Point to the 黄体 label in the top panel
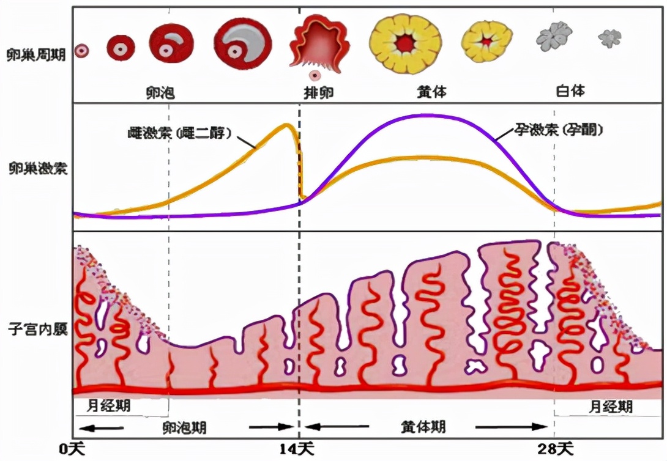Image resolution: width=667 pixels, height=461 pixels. click(431, 92)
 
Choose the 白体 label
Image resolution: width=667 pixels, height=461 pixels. click(570, 91)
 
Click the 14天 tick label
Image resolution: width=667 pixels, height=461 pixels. click(298, 448)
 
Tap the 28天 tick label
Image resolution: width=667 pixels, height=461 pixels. click(555, 448)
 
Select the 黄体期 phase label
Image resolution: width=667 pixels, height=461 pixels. click(423, 426)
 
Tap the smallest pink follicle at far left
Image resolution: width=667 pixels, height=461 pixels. click(81, 51)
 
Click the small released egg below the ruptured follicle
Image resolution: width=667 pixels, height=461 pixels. click(315, 76)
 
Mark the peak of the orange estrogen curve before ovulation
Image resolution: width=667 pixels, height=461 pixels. click(286, 125)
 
